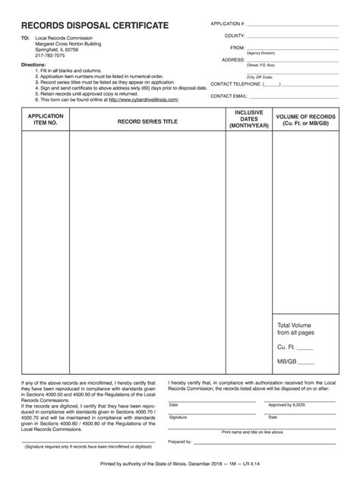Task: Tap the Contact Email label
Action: (229, 96)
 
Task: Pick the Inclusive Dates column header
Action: (249, 119)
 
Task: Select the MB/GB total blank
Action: (307, 362)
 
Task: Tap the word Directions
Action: (33, 65)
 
